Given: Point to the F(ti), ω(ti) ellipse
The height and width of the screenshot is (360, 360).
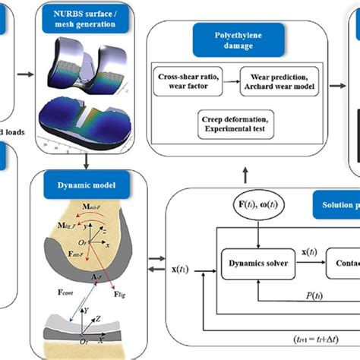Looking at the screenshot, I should click(251, 210).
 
